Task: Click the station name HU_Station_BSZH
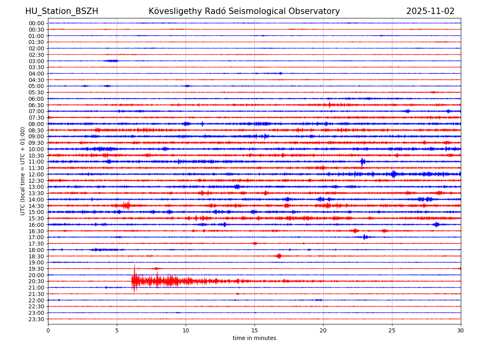(x=62, y=11)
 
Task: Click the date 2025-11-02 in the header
(x=430, y=11)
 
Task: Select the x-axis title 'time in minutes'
(x=254, y=338)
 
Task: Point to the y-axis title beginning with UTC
(x=23, y=171)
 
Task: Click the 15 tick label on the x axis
(x=254, y=331)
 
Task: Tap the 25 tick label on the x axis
(x=392, y=331)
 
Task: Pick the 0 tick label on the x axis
(x=48, y=331)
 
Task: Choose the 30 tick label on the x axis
(x=461, y=331)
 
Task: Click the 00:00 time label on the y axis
(x=36, y=23)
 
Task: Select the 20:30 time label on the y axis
(x=36, y=281)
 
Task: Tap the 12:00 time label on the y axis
(x=36, y=174)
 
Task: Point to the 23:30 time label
(x=36, y=319)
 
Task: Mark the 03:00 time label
(x=36, y=61)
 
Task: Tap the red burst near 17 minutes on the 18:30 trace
(x=279, y=256)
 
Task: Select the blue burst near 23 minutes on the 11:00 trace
(x=362, y=162)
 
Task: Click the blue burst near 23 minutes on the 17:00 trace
(x=365, y=237)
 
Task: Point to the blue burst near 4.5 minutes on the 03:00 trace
(x=111, y=61)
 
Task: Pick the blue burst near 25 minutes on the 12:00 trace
(x=394, y=174)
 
